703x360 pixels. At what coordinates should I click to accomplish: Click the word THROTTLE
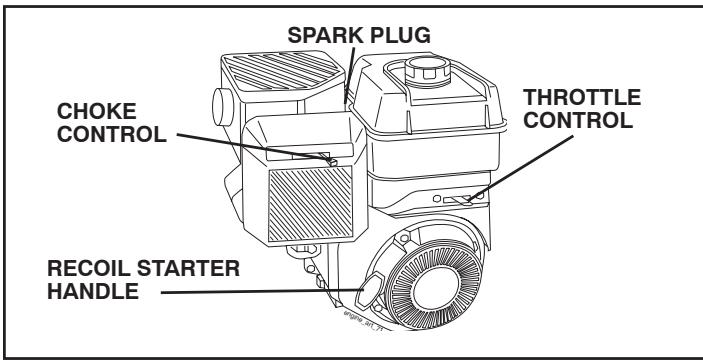(583, 100)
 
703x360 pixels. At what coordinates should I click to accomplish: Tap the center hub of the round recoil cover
(437, 287)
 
